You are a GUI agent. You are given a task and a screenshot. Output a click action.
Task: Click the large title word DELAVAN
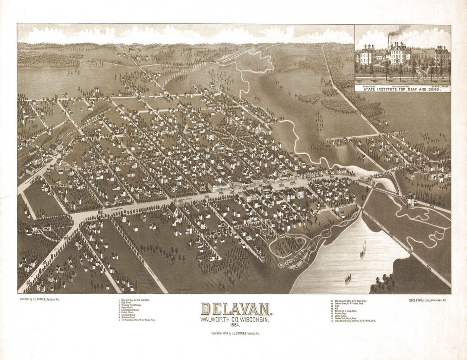236,309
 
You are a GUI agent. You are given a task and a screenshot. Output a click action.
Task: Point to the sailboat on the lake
363,249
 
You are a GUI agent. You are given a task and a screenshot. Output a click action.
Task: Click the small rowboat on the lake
348,279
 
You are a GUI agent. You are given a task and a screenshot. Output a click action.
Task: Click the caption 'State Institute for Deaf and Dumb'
402,89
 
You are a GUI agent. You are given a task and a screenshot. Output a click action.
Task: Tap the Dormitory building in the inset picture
365,56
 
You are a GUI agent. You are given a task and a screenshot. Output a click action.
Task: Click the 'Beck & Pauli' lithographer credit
428,300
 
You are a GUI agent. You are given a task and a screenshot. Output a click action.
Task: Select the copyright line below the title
236,333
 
